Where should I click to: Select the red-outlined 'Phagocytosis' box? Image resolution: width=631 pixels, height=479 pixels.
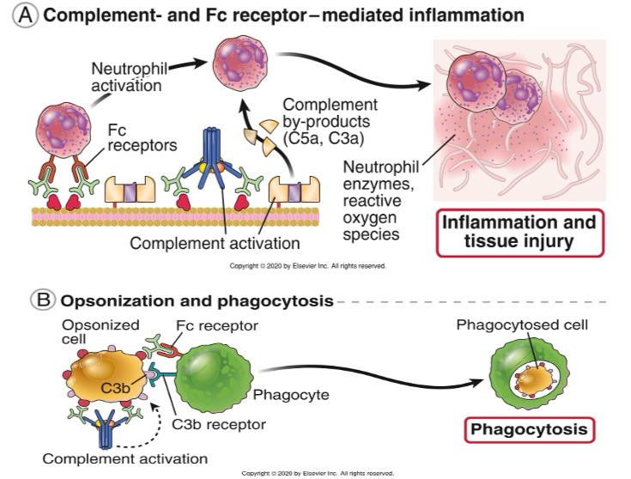click(526, 428)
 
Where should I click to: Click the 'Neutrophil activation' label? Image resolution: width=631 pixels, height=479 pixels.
click(130, 77)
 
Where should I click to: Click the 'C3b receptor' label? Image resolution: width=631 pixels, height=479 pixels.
click(218, 424)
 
